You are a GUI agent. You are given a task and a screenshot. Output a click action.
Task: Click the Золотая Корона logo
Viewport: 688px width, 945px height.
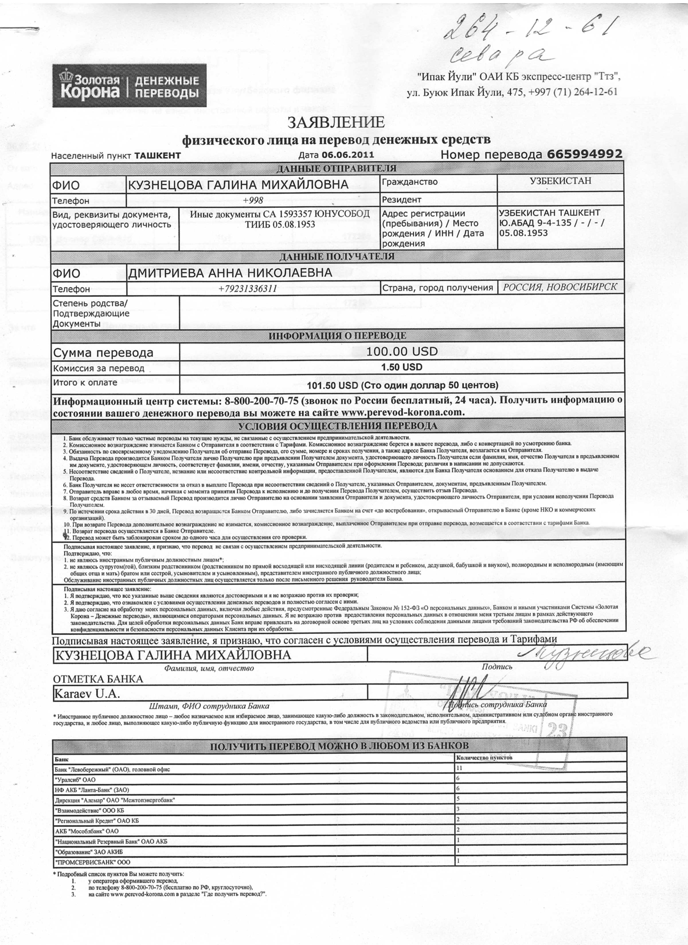[129, 85]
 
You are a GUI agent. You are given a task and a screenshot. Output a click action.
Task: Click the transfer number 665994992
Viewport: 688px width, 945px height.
[584, 154]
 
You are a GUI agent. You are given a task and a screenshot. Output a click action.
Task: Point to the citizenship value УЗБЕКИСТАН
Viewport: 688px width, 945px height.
[560, 181]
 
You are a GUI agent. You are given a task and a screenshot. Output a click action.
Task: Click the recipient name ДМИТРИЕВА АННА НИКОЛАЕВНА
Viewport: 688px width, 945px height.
[230, 273]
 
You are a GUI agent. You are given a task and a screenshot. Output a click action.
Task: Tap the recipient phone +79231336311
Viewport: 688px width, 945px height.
[248, 288]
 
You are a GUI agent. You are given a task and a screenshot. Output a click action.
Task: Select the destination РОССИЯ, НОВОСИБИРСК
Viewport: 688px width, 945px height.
[560, 287]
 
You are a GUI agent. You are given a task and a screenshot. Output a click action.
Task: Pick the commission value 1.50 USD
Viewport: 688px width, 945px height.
[402, 367]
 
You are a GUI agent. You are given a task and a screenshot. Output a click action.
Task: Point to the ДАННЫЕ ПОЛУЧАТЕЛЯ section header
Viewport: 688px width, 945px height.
[337, 256]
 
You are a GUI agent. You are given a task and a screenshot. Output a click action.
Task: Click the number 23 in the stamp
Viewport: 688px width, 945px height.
[555, 731]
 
